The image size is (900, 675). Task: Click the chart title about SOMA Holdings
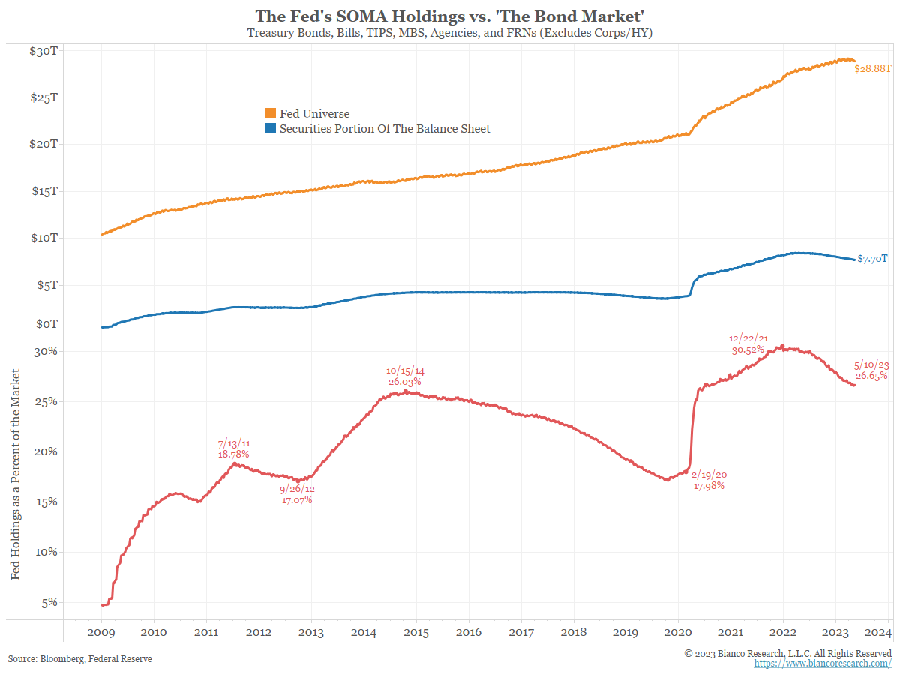click(449, 16)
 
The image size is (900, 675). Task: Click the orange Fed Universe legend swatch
click(271, 114)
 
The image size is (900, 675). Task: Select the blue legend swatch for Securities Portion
click(271, 129)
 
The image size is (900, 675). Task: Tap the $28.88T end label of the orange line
click(874, 68)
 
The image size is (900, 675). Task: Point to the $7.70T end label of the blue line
click(873, 259)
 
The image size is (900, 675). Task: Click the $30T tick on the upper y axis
click(44, 50)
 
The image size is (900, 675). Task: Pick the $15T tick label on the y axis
click(44, 191)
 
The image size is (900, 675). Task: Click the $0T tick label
click(47, 324)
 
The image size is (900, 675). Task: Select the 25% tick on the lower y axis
click(44, 401)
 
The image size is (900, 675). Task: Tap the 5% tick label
click(47, 602)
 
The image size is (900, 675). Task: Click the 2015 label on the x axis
click(416, 632)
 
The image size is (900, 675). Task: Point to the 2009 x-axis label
click(101, 632)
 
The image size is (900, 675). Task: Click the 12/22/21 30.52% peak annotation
click(748, 344)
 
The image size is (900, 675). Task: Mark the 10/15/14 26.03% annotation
click(405, 376)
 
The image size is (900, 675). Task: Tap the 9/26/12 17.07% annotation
click(297, 495)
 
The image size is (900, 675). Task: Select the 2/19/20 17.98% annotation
click(709, 480)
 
